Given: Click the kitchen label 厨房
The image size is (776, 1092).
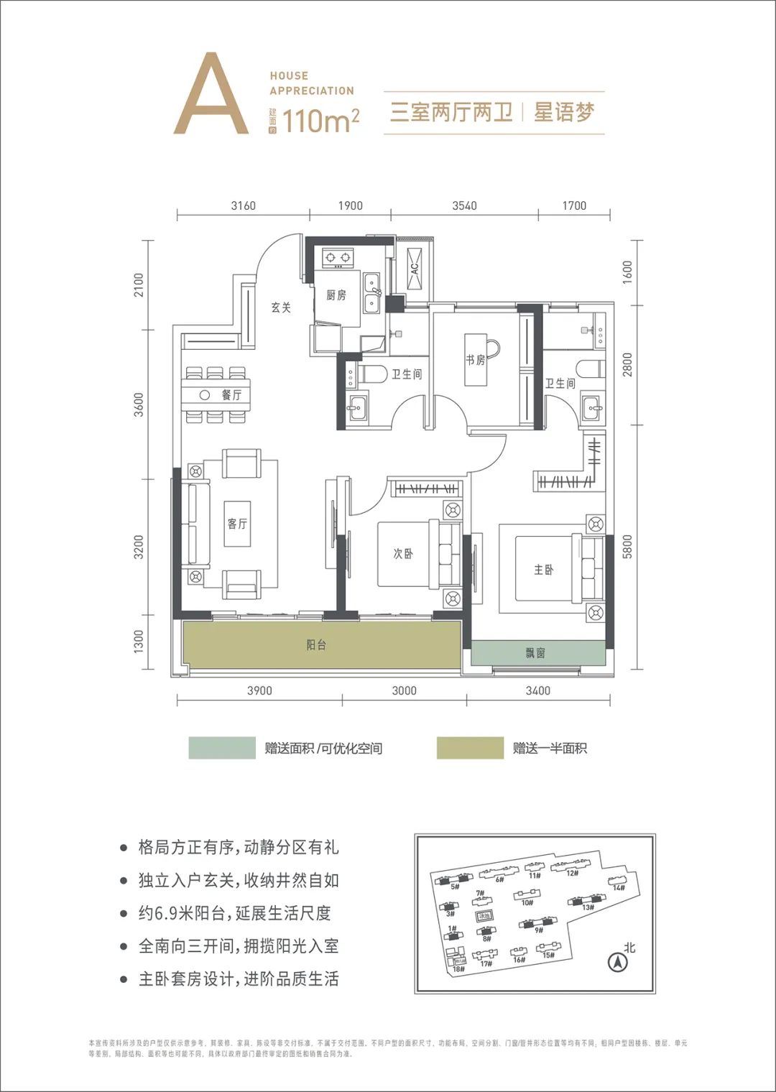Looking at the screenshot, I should click(336, 295).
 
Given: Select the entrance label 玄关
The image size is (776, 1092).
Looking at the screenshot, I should click(281, 307).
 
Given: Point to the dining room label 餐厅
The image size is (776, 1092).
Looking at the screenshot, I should click(231, 395).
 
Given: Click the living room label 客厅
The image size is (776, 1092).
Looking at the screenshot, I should click(237, 523).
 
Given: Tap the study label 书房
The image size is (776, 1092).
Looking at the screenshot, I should click(476, 360).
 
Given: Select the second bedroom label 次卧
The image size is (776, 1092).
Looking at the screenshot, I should click(403, 554).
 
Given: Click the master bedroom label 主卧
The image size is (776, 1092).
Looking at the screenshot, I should click(544, 570).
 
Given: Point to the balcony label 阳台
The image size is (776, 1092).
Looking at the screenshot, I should click(316, 645).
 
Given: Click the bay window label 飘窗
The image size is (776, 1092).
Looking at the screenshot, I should click(535, 653).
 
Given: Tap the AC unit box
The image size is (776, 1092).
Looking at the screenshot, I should click(415, 268).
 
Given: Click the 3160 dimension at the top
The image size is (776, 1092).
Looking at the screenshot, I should click(243, 205).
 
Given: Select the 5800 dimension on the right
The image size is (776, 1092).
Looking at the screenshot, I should click(628, 547).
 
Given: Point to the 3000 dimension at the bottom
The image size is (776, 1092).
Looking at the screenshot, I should click(404, 690).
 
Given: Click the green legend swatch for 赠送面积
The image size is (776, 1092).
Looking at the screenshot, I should click(221, 748).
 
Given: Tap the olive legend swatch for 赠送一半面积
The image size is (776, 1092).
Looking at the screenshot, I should click(470, 748).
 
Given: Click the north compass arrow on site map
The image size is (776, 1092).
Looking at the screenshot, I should click(616, 962).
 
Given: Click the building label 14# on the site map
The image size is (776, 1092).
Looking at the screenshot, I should click(619, 888).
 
